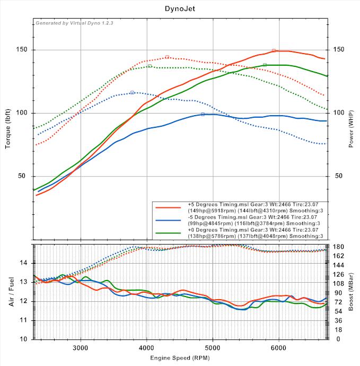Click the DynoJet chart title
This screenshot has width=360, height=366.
pyautogui.click(x=180, y=8)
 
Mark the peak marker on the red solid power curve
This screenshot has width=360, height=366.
pyautogui.click(x=274, y=50)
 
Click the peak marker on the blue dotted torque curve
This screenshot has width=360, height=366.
pyautogui.click(x=132, y=92)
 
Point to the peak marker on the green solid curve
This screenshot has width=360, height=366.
pyautogui.click(x=265, y=65)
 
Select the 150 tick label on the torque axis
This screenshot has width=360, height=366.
pyautogui.click(x=23, y=50)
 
